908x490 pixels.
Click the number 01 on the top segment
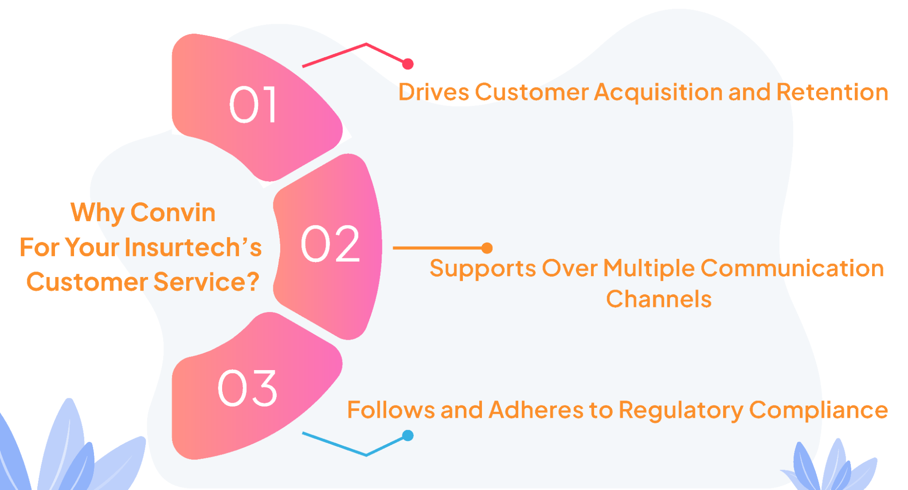tap(253, 105)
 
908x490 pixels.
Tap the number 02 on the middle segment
tap(330, 244)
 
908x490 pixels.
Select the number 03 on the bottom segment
tap(248, 388)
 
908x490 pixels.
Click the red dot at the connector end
tap(408, 64)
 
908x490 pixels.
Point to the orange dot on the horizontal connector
tap(487, 248)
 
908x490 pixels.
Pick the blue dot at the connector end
tap(408, 436)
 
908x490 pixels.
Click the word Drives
tap(433, 92)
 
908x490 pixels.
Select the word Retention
tap(832, 92)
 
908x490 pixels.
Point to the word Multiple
tap(649, 269)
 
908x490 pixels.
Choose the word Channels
tap(659, 299)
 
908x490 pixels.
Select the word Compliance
tap(818, 411)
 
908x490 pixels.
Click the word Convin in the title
tap(173, 213)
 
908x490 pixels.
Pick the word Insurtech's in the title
tap(193, 247)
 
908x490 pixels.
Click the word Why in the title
tap(97, 213)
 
